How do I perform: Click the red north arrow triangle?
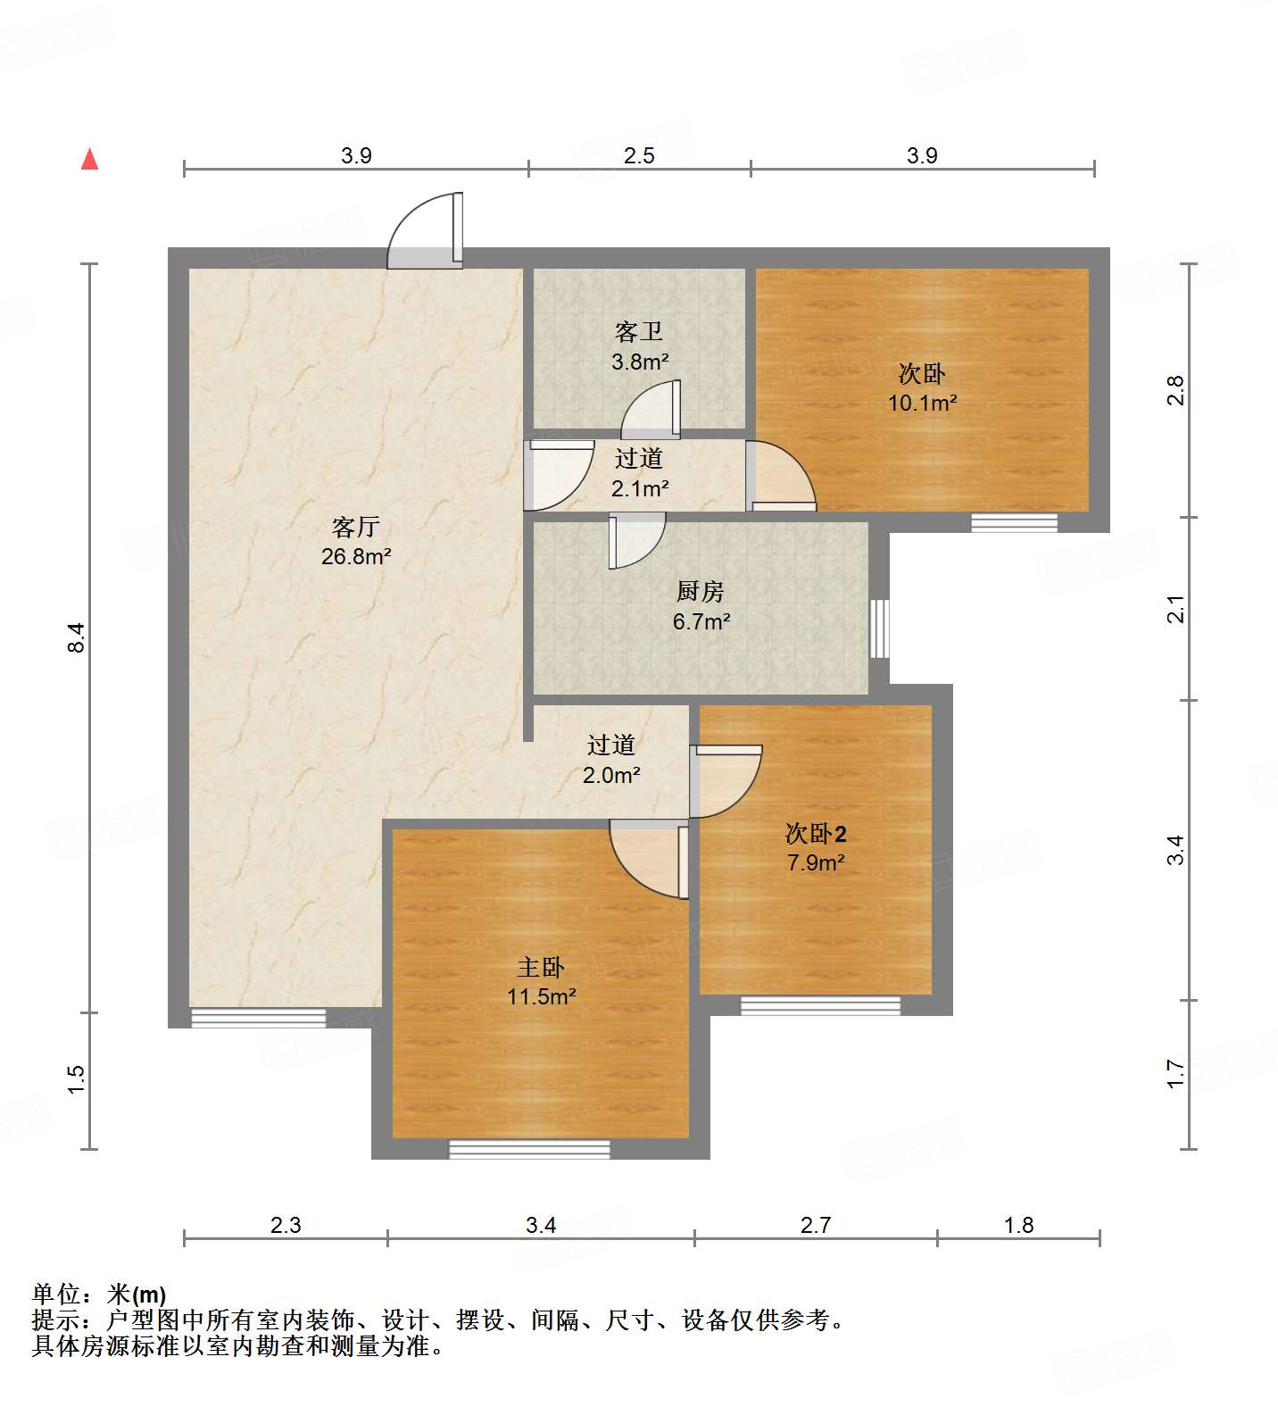click(89, 160)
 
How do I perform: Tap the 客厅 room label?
click(356, 527)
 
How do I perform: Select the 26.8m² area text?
click(356, 557)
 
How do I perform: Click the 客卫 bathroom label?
click(639, 332)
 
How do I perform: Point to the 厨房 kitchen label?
click(701, 591)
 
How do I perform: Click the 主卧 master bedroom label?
click(541, 967)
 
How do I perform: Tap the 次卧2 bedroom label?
click(816, 834)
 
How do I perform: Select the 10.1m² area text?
click(922, 403)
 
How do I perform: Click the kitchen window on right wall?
click(879, 629)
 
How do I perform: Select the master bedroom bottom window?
click(529, 1150)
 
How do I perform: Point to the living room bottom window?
click(258, 1018)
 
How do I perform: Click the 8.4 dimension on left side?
click(77, 637)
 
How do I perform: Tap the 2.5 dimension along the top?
click(639, 156)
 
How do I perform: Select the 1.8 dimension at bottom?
click(1018, 1226)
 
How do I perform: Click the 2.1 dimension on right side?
click(1177, 609)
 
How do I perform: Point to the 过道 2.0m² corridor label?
click(611, 760)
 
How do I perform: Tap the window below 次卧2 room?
click(820, 1005)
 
